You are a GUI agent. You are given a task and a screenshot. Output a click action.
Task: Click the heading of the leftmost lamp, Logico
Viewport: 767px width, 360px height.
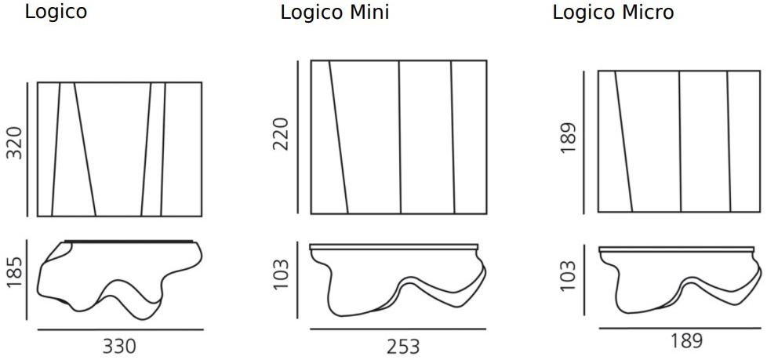tap(56, 13)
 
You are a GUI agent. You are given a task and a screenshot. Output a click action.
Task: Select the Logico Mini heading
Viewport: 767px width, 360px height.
tap(335, 13)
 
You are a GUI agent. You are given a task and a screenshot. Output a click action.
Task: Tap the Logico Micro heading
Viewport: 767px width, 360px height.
tap(613, 13)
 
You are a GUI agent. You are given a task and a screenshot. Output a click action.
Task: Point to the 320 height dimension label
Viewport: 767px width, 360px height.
tap(15, 142)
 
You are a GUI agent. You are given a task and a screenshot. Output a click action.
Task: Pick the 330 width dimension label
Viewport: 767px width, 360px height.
tap(119, 346)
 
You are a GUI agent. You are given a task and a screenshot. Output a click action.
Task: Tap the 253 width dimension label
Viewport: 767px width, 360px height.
tap(403, 346)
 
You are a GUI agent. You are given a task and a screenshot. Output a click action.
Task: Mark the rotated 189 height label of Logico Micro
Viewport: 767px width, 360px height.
tap(570, 139)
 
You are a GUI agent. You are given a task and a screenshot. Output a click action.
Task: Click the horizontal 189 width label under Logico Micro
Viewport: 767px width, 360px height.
tap(685, 342)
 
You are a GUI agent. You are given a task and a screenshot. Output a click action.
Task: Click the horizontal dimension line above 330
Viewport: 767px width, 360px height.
tap(119, 330)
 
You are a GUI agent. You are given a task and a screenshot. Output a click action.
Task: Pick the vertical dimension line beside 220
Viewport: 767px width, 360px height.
tap(297, 136)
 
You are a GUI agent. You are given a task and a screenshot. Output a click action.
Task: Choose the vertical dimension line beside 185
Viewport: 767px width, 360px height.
tap(28, 280)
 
